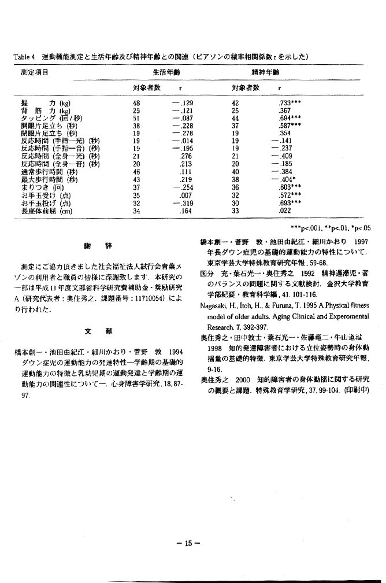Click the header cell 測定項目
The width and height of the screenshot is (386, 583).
pyautogui.click(x=34, y=73)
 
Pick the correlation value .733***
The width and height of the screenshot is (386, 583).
pyautogui.click(x=291, y=101)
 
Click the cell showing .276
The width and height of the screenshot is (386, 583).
pyautogui.click(x=185, y=156)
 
